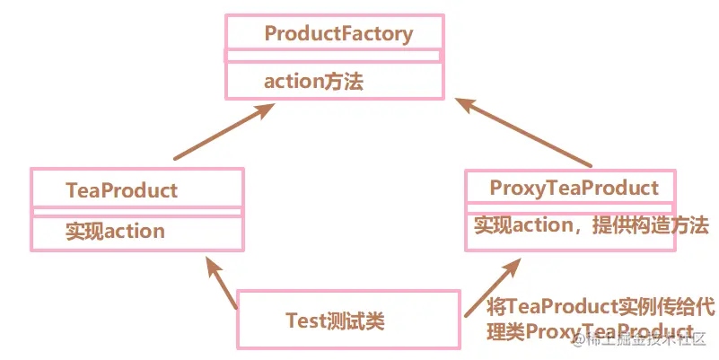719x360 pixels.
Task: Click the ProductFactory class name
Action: click(338, 34)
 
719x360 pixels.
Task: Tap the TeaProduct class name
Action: click(121, 190)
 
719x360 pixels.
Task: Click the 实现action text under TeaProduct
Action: click(115, 231)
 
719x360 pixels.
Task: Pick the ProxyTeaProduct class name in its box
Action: click(574, 188)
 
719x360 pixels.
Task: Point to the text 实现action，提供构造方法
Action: click(591, 224)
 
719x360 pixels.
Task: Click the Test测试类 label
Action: click(335, 320)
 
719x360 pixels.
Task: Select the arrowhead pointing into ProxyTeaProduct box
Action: click(512, 267)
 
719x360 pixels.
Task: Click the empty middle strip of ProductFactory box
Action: click(333, 56)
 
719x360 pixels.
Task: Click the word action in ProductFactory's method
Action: click(293, 81)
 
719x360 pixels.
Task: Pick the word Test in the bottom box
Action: click(303, 320)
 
